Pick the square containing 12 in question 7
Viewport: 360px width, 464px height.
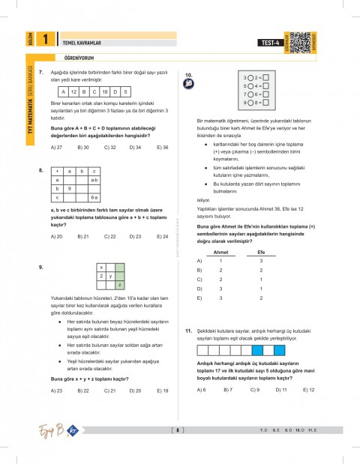[x=75, y=90]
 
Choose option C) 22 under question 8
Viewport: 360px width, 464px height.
[x=109, y=236]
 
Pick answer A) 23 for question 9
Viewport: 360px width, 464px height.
[x=55, y=390]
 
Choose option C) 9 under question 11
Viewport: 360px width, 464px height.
[x=255, y=390]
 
